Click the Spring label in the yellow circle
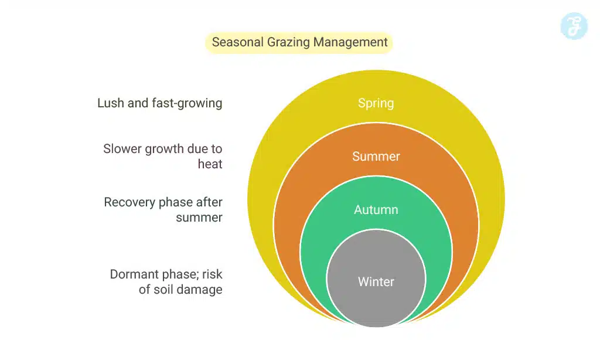[376, 103]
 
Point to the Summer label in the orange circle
[376, 157]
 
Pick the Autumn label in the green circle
[376, 209]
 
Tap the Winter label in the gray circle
[376, 282]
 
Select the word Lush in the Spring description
[111, 104]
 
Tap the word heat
[210, 164]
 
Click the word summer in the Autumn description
[199, 218]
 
